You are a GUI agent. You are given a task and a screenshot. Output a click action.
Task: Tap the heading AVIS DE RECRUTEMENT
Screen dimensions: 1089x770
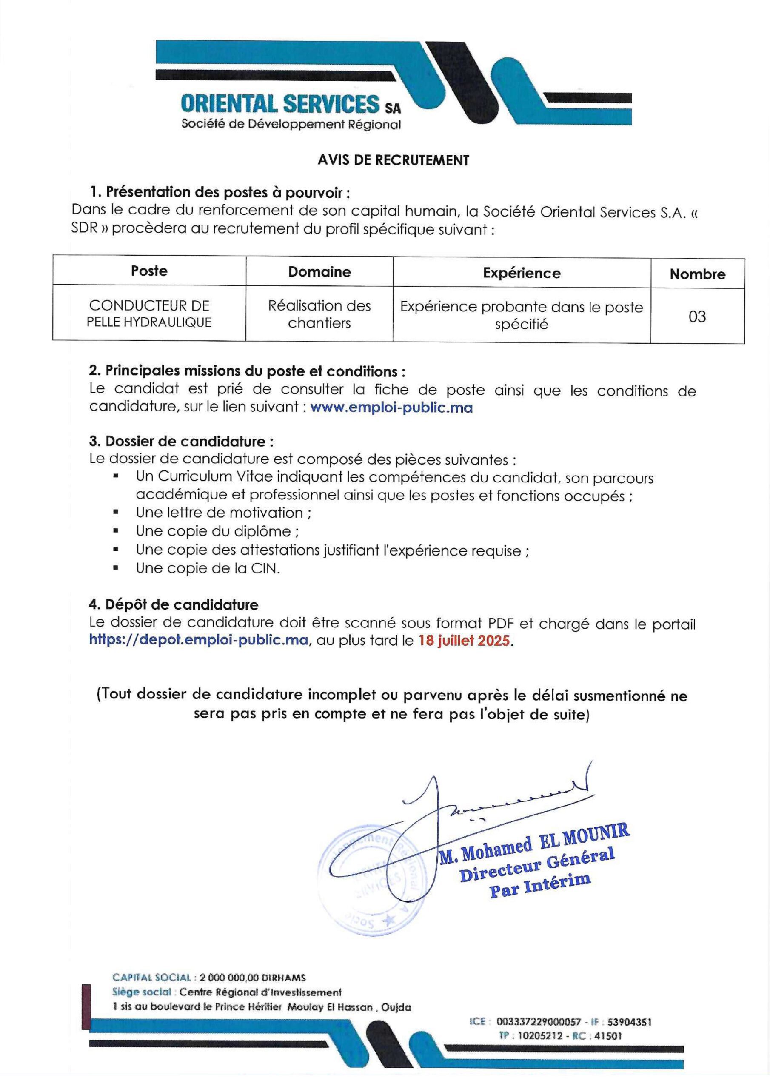393,160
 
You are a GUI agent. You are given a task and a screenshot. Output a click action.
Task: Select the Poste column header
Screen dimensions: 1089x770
149,271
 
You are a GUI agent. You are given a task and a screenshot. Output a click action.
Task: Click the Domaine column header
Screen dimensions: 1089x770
319,272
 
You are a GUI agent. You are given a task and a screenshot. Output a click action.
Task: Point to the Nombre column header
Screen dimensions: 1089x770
697,274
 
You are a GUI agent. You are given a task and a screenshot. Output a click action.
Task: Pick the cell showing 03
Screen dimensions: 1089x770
697,316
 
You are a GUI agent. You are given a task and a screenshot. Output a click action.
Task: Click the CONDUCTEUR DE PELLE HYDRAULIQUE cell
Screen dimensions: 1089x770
149,314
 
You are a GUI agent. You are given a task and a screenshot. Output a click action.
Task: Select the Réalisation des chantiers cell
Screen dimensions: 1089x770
319,314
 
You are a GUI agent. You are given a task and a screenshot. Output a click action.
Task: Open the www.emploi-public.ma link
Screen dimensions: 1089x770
391,408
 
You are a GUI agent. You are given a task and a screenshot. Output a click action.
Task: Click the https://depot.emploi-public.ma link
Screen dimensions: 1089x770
199,640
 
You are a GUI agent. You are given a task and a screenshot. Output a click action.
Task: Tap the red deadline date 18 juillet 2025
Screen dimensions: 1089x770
464,641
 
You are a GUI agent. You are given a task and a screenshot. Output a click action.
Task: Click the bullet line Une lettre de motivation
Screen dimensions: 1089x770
223,513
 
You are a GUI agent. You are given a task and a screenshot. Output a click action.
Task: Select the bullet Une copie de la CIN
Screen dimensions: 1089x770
208,568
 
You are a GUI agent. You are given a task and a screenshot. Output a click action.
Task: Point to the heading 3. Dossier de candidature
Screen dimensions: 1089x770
181,441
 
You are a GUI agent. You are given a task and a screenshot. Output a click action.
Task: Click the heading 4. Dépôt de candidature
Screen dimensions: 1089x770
174,605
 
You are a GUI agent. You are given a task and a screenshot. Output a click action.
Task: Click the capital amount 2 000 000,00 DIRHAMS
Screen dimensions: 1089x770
252,978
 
